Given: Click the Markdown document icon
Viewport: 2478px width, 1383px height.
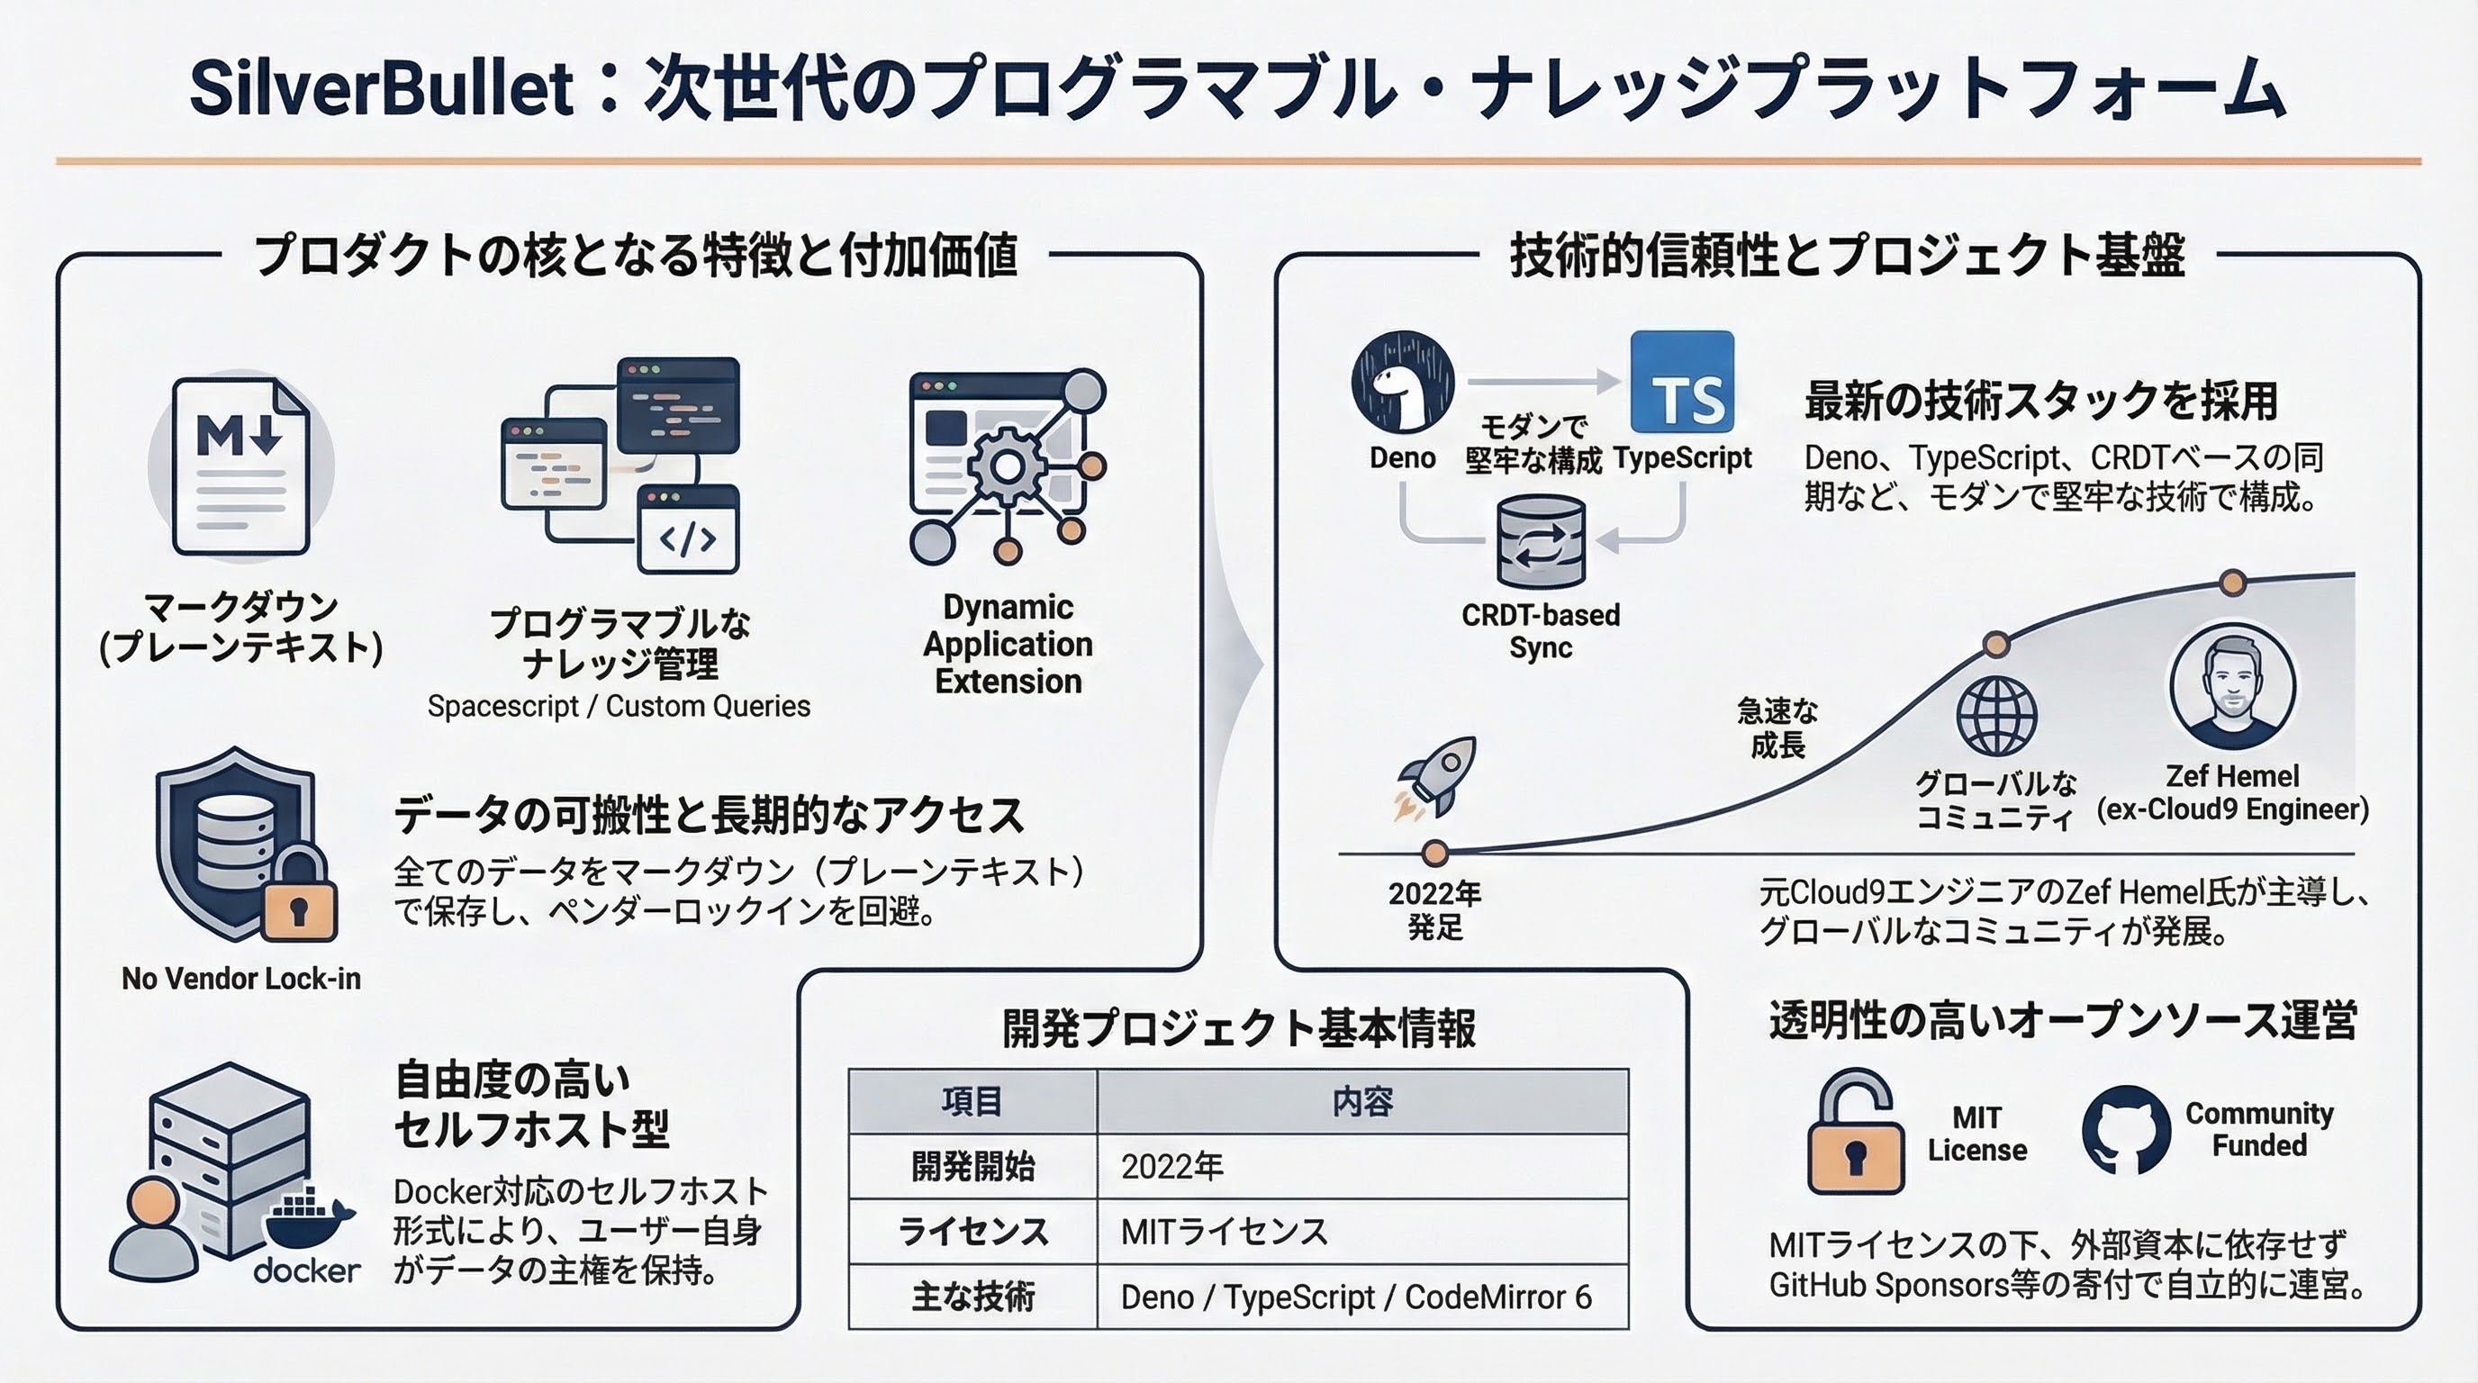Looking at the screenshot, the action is (240, 466).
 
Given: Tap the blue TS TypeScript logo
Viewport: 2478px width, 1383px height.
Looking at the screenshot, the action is (1682, 382).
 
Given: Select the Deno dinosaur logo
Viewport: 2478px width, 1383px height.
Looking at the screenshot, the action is (1403, 382).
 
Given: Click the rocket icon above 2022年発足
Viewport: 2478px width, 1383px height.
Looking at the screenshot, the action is (1435, 779).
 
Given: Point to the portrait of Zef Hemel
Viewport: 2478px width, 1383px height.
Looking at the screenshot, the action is (2233, 686).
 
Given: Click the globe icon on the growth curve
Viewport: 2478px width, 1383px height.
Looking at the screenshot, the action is (1997, 716).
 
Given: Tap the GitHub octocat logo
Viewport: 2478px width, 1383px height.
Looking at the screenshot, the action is (2126, 1130).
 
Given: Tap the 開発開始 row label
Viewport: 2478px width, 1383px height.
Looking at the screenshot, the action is (972, 1166).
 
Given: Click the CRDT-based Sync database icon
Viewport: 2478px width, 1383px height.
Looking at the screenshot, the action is (1541, 541).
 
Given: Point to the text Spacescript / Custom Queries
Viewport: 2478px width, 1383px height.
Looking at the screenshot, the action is (619, 706).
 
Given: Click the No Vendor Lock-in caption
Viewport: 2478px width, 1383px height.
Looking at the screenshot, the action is (241, 978).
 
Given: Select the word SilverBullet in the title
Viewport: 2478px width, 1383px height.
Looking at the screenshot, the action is (382, 88).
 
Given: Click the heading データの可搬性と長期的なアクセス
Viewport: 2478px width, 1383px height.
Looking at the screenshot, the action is (709, 815).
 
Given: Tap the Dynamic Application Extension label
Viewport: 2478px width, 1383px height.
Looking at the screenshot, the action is (1008, 644).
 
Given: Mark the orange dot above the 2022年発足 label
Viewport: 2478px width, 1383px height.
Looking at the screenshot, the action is (1435, 852).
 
